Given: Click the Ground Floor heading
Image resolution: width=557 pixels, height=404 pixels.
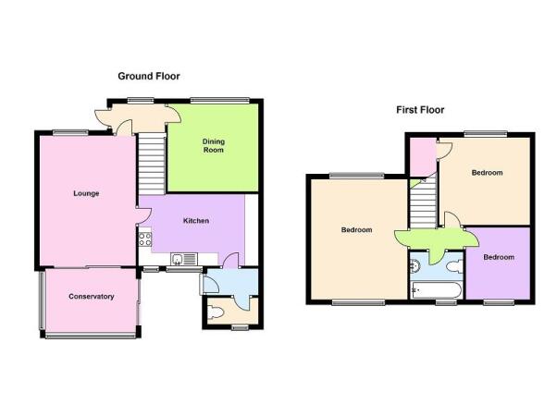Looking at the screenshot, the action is point(149,77).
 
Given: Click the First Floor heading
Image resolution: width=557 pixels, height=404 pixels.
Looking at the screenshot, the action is point(420,110).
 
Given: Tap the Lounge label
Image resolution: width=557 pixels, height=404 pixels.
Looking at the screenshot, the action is point(86,193).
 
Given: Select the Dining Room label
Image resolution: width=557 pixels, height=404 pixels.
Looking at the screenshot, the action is point(213,145).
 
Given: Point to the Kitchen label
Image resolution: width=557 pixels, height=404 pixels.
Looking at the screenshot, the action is point(196,221).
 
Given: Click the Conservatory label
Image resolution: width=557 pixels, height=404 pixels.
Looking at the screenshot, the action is point(92,297).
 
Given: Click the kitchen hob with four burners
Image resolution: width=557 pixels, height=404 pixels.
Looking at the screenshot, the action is point(145,239).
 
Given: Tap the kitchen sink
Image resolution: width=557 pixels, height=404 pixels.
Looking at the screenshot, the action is point(184,259).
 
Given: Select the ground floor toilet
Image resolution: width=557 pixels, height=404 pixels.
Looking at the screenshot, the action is point(216,312).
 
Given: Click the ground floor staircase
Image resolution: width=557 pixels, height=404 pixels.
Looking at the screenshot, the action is point(152,164).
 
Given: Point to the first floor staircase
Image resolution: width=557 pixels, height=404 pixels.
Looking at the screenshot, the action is point(424,202).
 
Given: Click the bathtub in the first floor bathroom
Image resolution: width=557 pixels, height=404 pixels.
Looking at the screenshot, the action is point(436,290).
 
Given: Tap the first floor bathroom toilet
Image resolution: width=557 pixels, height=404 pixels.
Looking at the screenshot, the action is point(454,266).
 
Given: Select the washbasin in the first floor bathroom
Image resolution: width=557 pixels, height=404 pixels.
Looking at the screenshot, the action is point(415,266).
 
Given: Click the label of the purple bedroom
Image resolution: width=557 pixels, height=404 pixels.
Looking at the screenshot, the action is point(499,257).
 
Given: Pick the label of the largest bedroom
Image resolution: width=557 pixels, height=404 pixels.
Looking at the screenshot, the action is point(356,229).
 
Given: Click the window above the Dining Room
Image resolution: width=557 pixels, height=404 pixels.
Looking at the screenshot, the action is point(220,101).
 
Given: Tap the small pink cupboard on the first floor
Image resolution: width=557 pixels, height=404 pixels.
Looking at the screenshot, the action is point(423,156).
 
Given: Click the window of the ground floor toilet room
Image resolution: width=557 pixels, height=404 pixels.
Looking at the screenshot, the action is point(241,327).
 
